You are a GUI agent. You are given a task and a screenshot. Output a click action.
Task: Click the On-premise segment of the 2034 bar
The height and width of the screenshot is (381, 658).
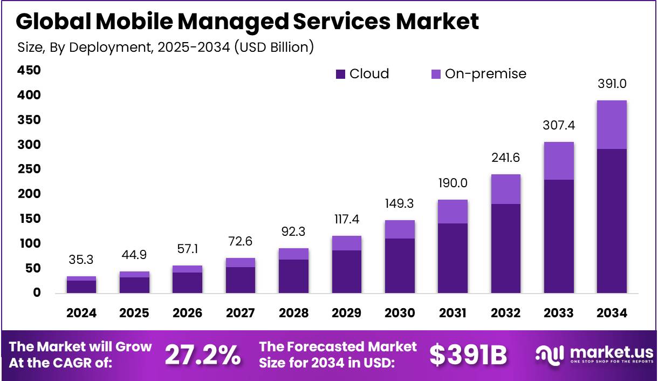[x=612, y=125]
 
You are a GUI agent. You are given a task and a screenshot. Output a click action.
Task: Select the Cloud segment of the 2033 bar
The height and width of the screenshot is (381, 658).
[x=559, y=236]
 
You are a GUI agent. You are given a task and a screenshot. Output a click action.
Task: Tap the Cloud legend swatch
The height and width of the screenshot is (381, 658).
[x=340, y=74]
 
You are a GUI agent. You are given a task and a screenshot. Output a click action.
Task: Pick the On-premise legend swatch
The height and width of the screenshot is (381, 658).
[x=436, y=74]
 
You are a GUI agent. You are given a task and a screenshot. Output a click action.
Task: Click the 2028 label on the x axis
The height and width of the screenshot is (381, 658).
[x=293, y=314]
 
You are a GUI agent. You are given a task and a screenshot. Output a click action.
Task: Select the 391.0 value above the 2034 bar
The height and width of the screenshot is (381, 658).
[x=612, y=84]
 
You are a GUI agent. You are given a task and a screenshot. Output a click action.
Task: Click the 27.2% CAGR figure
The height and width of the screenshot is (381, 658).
[x=202, y=355]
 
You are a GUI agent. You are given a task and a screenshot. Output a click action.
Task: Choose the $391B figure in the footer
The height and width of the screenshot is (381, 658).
[x=468, y=355]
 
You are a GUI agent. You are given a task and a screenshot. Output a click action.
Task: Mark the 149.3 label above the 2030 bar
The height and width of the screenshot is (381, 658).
[x=400, y=203]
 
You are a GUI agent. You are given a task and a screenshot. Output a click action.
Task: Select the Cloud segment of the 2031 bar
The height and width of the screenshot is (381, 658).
[x=453, y=258]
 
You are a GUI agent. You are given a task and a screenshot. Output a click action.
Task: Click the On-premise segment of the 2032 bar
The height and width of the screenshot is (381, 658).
[x=505, y=189]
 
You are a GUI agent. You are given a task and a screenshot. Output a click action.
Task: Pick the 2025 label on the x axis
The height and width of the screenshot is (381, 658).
[x=134, y=314]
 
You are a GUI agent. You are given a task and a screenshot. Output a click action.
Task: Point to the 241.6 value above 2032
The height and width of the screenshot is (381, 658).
[x=505, y=158]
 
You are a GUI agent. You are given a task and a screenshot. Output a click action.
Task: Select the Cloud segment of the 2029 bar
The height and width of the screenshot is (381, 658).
[x=346, y=271]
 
